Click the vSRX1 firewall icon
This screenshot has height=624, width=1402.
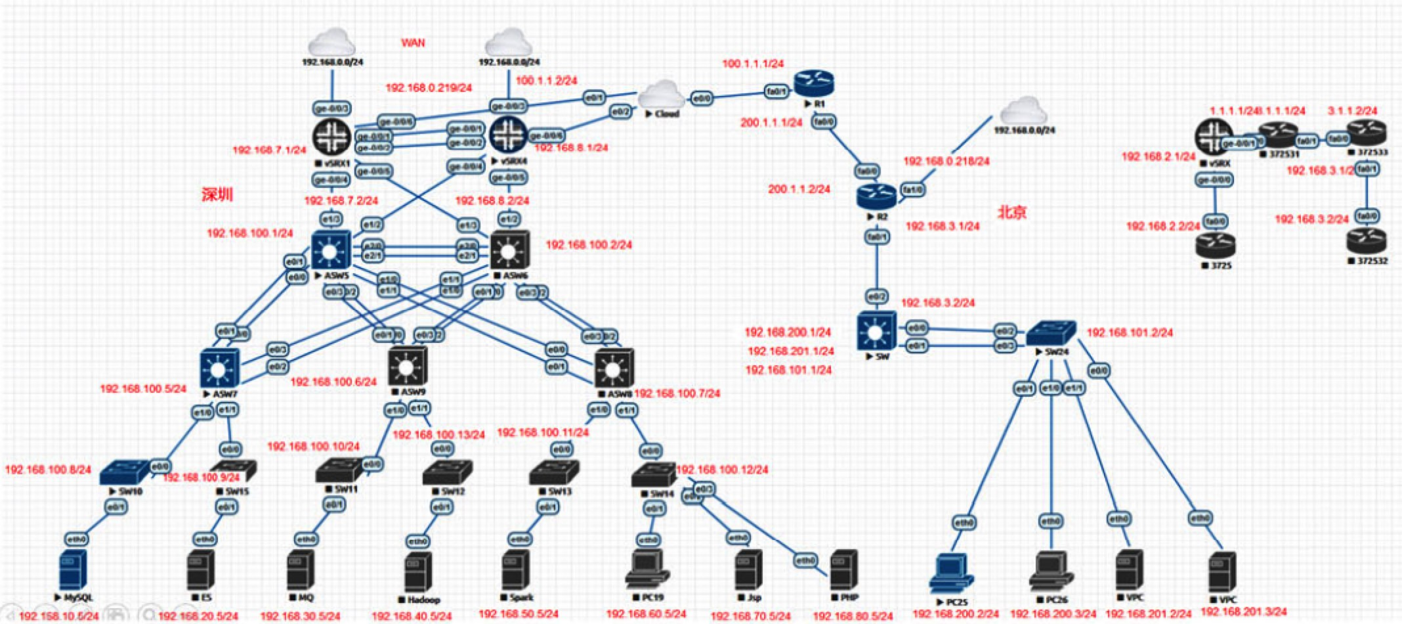click(x=332, y=136)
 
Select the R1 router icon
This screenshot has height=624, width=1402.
click(x=813, y=83)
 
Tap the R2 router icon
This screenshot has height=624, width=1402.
click(x=876, y=196)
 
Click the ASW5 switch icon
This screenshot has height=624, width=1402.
click(x=331, y=250)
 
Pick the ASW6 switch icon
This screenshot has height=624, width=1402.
click(x=509, y=250)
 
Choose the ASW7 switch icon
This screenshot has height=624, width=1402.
click(x=219, y=368)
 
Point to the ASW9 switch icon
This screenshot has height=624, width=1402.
click(x=407, y=367)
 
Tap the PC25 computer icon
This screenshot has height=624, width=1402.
click(x=951, y=573)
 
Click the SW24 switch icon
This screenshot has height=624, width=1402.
click(x=1051, y=333)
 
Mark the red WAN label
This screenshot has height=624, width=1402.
click(x=413, y=43)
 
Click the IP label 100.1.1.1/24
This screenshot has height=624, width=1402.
click(x=753, y=64)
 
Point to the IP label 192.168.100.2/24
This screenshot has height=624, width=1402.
click(x=589, y=245)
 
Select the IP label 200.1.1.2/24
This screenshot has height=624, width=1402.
click(x=799, y=189)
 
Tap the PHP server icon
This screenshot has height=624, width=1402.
click(x=845, y=570)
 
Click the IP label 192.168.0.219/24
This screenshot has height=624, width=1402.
click(x=429, y=87)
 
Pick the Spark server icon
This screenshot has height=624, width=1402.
click(x=517, y=570)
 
